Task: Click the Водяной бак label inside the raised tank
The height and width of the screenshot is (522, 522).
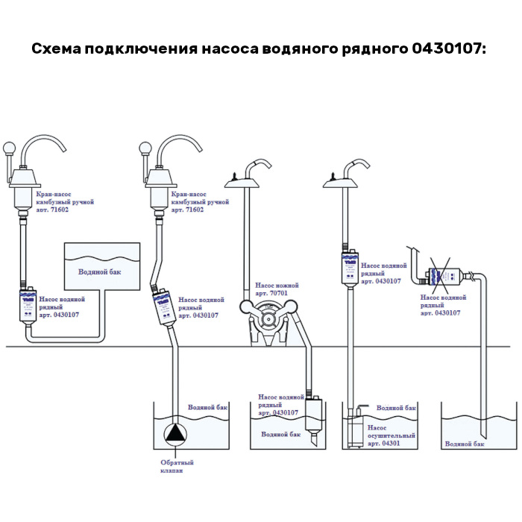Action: pyautogui.click(x=99, y=272)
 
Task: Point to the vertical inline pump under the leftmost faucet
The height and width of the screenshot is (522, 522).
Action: pyautogui.click(x=28, y=306)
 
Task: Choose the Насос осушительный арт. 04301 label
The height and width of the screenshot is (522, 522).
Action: pyautogui.click(x=391, y=435)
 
